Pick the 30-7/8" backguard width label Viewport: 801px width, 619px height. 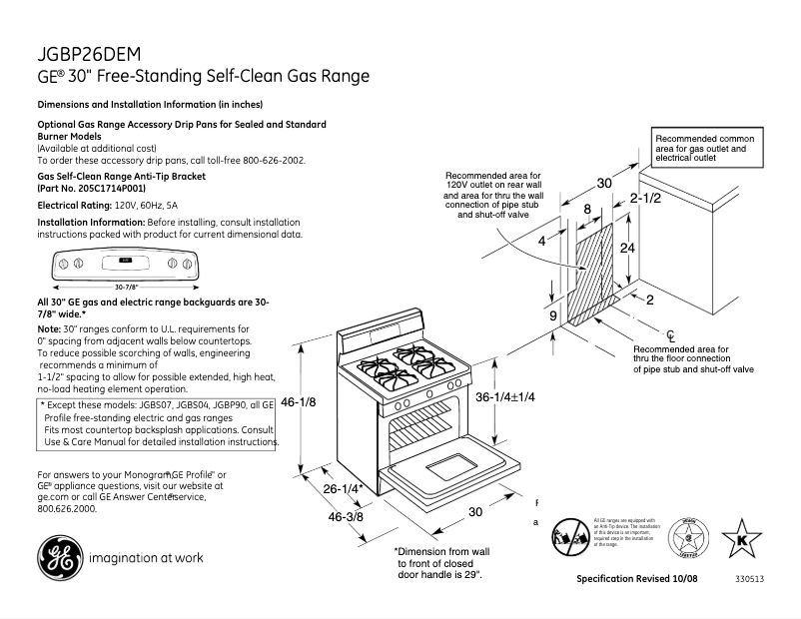tap(125, 287)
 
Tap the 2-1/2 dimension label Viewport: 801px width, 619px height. tap(645, 199)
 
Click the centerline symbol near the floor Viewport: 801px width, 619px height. tap(672, 332)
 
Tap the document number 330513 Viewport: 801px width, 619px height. tap(750, 579)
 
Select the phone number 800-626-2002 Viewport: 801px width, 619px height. tap(269, 160)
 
